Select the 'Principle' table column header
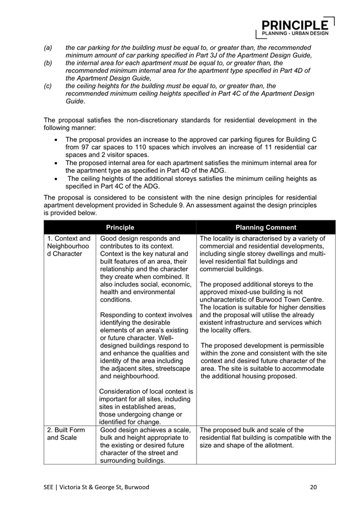click(120, 227)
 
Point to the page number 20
click(313, 486)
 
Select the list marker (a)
click(48, 48)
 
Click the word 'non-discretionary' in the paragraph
click(136, 120)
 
